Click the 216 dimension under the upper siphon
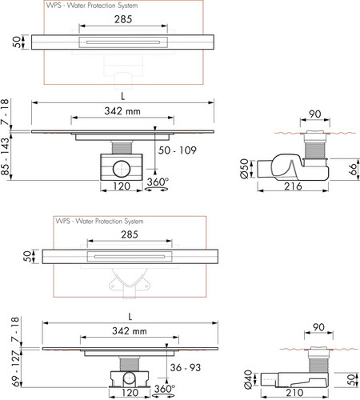[x=293, y=186]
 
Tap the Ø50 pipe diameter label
[x=244, y=168]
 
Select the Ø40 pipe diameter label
[x=248, y=379]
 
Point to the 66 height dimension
[x=353, y=169]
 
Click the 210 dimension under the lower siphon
[x=294, y=392]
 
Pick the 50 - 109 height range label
[x=178, y=150]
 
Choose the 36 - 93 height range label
[x=186, y=367]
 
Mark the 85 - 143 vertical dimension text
[x=5, y=157]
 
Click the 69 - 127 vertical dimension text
[x=15, y=368]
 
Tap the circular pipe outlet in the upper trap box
[x=122, y=169]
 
